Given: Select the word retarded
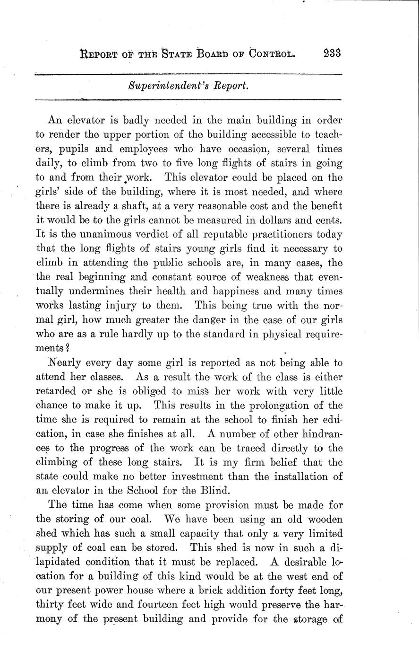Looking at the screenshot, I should point(56,391).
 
